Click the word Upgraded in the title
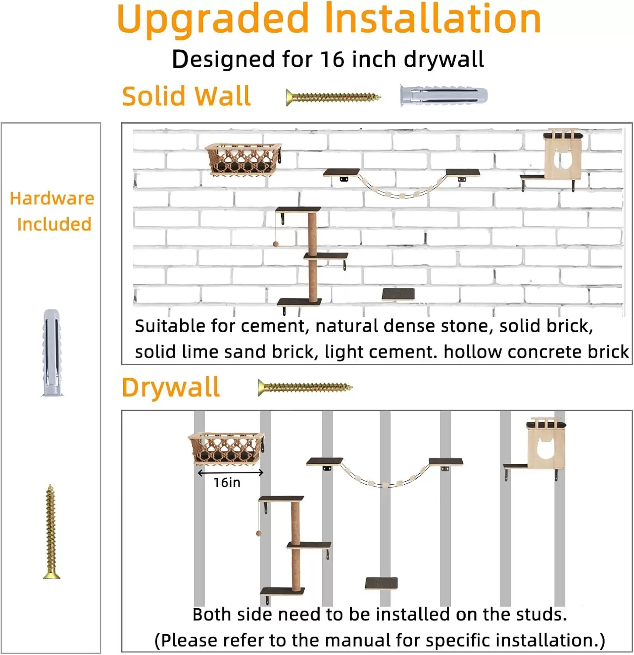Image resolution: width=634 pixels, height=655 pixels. pos(213,20)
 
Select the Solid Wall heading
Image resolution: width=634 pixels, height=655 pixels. pos(186,96)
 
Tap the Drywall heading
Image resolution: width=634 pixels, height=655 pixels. pos(171,387)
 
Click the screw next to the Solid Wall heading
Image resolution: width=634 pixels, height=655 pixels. pos(333,97)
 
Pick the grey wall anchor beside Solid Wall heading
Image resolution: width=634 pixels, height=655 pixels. pos(443,96)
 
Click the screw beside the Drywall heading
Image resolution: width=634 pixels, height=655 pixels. pos(305,387)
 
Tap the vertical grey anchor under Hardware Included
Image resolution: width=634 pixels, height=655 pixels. pos(52,353)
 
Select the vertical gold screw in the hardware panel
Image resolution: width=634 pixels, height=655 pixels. pos(51,531)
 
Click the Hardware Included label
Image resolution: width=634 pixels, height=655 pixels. pos(52,211)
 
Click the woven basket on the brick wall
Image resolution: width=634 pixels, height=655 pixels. pos(243,159)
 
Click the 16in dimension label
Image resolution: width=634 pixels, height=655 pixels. pos(227,483)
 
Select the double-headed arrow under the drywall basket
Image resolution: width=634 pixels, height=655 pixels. pos(230,472)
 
